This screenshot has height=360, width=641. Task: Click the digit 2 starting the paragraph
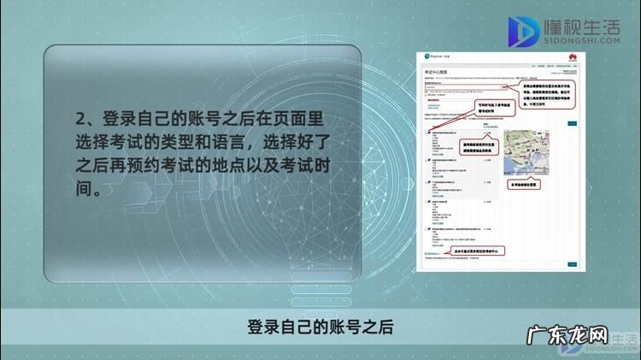pyautogui.click(x=81, y=118)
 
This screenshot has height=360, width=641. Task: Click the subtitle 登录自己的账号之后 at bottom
pyautogui.click(x=320, y=328)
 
